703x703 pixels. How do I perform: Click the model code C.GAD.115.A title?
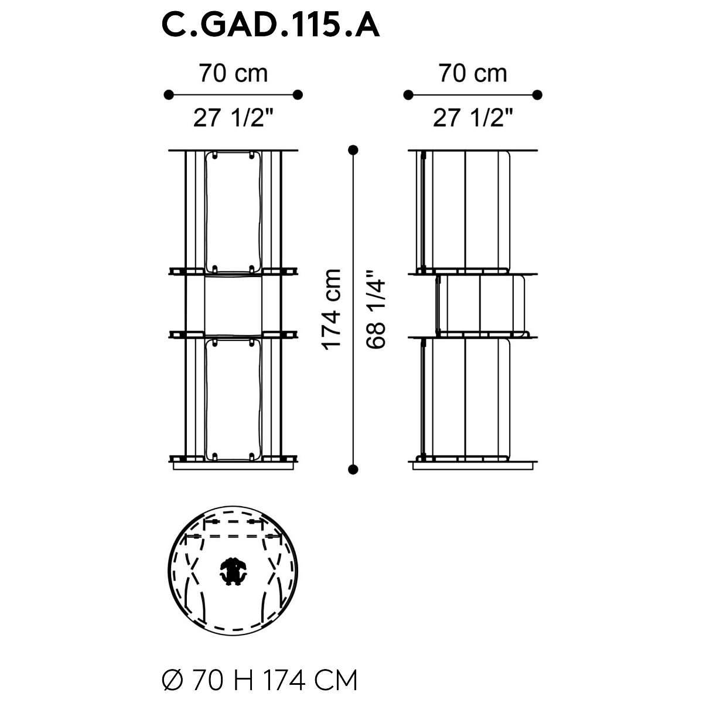(x=270, y=26)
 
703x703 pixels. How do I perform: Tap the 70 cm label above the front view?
(x=233, y=73)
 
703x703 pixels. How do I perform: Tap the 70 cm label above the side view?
(x=472, y=73)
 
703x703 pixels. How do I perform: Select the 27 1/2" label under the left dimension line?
(x=233, y=118)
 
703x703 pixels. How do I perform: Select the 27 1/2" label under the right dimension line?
(x=472, y=118)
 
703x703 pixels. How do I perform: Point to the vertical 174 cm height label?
(x=331, y=310)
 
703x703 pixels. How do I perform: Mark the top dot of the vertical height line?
(x=353, y=150)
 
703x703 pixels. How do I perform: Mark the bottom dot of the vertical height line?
(x=353, y=469)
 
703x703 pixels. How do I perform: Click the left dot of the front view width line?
(x=169, y=95)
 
